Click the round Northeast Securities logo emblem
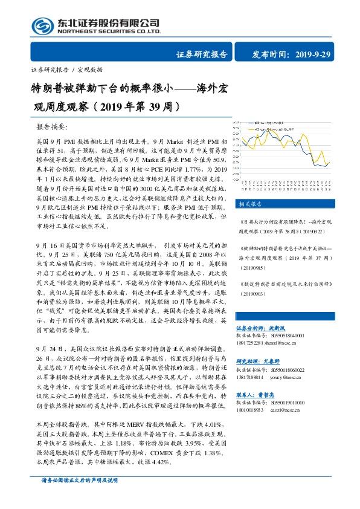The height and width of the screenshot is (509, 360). (42, 25)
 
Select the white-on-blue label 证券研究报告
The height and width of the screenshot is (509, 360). (201, 54)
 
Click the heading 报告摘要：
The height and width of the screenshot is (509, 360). (53, 128)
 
